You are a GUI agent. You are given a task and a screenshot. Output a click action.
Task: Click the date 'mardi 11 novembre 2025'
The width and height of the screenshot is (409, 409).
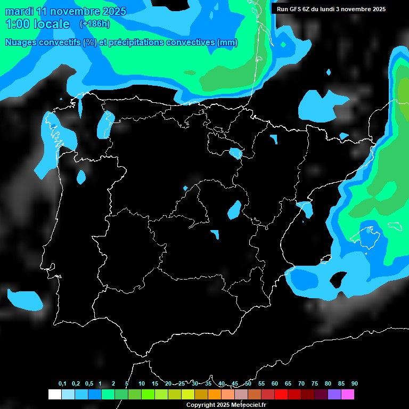coord(66,11)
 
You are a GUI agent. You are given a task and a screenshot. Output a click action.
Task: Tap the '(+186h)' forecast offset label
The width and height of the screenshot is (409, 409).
coord(94,24)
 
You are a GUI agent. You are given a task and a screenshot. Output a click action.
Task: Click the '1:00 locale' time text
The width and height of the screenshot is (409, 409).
coord(37,24)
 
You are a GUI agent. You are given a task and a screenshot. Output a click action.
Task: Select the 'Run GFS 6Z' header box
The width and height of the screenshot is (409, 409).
coord(331,9)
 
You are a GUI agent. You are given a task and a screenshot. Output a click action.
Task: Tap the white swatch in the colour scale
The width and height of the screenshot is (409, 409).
coord(54,394)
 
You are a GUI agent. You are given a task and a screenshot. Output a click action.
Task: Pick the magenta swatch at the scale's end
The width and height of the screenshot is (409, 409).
coord(348,394)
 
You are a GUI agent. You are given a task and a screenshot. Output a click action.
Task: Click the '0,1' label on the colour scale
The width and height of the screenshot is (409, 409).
coord(62,383)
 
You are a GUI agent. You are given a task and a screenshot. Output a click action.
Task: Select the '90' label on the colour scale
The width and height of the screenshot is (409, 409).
coord(354,383)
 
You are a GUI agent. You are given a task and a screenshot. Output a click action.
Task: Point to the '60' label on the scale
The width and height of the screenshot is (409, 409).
coord(274,383)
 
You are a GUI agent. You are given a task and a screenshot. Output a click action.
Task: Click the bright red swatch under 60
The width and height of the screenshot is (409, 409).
coord(281,394)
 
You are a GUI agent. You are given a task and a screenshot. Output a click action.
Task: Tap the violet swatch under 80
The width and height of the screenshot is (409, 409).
coord(334,394)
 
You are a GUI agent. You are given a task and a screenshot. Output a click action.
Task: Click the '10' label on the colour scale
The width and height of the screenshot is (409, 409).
coord(141,383)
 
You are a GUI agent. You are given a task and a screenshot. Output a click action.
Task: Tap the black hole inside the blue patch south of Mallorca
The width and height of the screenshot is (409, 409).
coord(339,279)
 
